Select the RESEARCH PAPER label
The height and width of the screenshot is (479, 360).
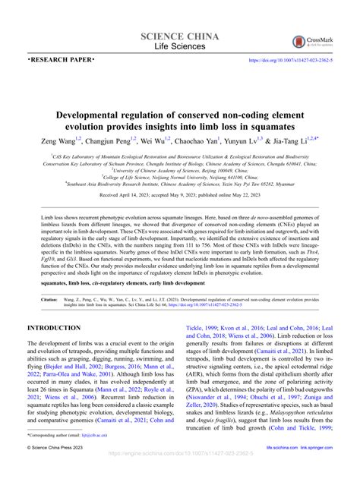tap(62, 59)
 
